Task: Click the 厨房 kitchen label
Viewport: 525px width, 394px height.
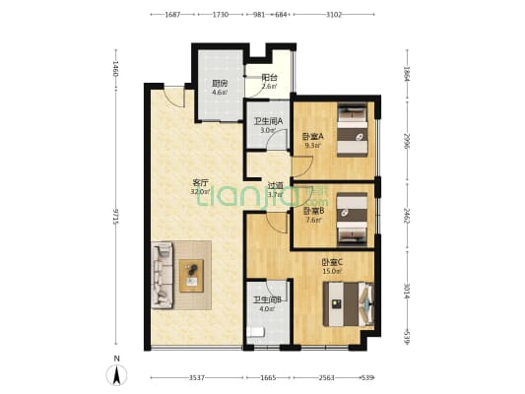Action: [220, 84]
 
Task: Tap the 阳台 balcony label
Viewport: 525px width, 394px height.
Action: [268, 78]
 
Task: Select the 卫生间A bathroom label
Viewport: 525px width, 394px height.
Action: [268, 121]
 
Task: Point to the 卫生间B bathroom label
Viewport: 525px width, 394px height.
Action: [268, 299]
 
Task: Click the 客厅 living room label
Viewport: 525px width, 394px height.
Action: [199, 183]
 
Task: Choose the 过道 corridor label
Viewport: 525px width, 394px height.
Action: [275, 185]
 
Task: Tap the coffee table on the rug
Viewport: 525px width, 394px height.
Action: [191, 271]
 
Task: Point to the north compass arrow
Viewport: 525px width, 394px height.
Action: [117, 374]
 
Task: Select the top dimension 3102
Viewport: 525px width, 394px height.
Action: [334, 15]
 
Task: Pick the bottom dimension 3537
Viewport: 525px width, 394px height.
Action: [196, 377]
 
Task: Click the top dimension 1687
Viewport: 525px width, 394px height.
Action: [171, 15]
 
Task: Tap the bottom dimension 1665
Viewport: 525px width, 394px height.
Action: [268, 377]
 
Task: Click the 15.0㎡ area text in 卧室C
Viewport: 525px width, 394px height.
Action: [331, 271]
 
